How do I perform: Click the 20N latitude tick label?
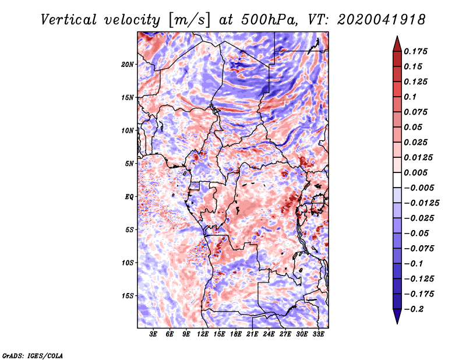[x=128, y=64]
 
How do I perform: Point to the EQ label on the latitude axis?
[x=129, y=197]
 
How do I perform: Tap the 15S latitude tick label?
[x=128, y=296]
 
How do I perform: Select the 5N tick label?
[x=130, y=164]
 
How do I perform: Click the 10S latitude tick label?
[x=128, y=263]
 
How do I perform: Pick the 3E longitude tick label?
[x=154, y=334]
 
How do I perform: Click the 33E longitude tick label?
[x=319, y=334]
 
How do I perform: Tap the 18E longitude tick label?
[x=236, y=334]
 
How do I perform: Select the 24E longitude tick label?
[x=269, y=334]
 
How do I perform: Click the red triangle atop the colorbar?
[x=396, y=42]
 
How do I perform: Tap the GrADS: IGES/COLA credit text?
[x=33, y=355]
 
